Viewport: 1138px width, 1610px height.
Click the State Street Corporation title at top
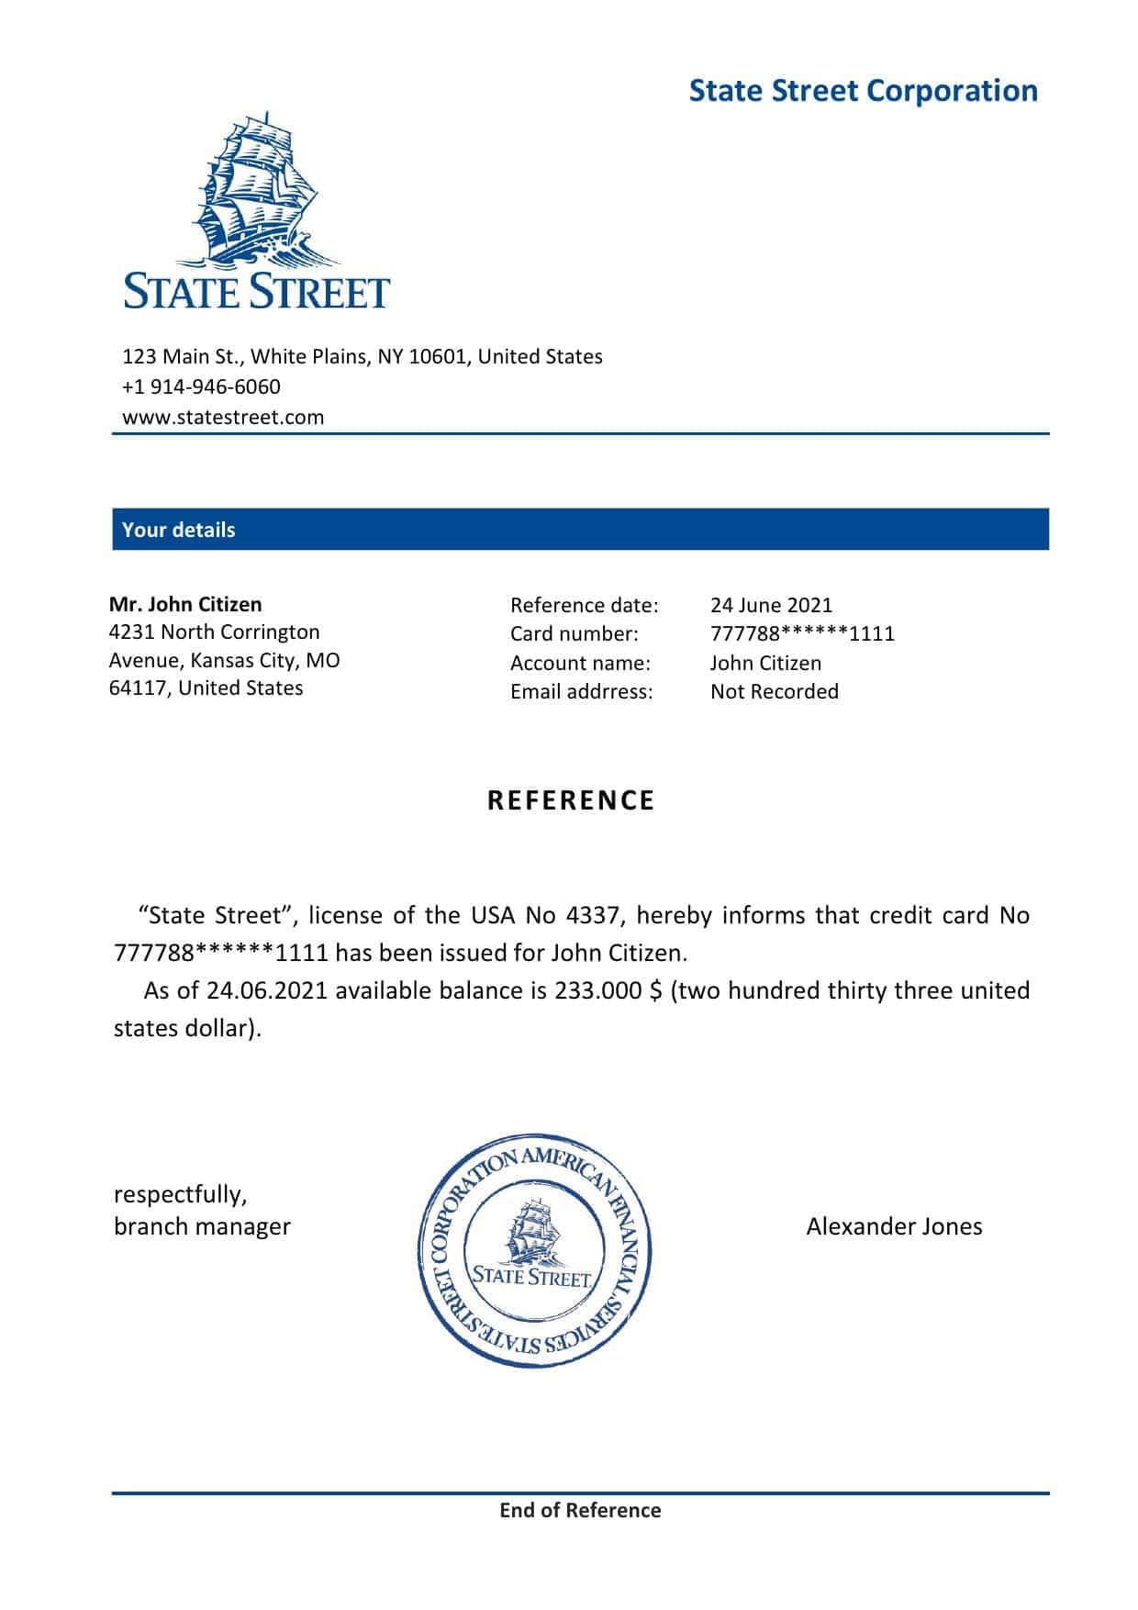863,91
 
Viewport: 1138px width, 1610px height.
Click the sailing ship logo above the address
257,188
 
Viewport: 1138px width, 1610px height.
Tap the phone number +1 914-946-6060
201,386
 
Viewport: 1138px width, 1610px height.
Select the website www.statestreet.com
223,417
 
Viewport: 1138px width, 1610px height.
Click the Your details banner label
178,530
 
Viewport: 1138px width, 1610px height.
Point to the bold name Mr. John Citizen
185,604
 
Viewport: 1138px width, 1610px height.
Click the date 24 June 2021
771,605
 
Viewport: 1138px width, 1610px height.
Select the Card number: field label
574,633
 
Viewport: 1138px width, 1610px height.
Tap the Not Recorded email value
774,691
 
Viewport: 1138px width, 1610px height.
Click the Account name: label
580,663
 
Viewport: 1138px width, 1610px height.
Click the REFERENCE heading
571,800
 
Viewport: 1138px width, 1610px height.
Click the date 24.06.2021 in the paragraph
267,990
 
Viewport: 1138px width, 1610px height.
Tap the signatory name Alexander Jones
894,1226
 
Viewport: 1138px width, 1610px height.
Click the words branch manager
202,1226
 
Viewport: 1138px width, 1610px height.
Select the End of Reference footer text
580,1510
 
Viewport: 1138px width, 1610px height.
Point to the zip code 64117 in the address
137,688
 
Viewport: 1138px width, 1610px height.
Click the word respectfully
180,1194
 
